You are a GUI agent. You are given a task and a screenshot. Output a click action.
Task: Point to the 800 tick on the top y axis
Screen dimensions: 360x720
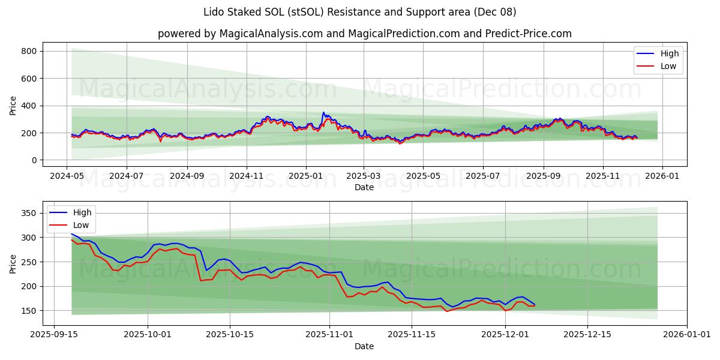point(29,52)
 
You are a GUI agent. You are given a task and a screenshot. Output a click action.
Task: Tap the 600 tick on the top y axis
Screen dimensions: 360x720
point(29,79)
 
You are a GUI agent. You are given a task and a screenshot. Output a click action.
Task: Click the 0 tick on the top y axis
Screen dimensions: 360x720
point(35,160)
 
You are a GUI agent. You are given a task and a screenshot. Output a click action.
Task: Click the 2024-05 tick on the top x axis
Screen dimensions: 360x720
point(66,176)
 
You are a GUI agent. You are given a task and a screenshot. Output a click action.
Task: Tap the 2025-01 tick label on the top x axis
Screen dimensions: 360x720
point(305,176)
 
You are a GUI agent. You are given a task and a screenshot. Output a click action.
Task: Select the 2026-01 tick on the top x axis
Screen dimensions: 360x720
point(662,176)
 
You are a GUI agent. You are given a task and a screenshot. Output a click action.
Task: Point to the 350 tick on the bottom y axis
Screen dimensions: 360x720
point(29,213)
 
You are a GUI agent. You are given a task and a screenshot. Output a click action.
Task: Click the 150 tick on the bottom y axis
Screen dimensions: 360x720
point(29,311)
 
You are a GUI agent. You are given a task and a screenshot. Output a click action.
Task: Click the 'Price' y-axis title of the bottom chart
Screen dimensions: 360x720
point(13,263)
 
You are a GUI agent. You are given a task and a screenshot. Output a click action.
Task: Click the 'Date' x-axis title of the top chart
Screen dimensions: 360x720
point(364,187)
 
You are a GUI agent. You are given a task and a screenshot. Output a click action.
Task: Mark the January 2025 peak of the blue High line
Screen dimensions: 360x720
point(323,112)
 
